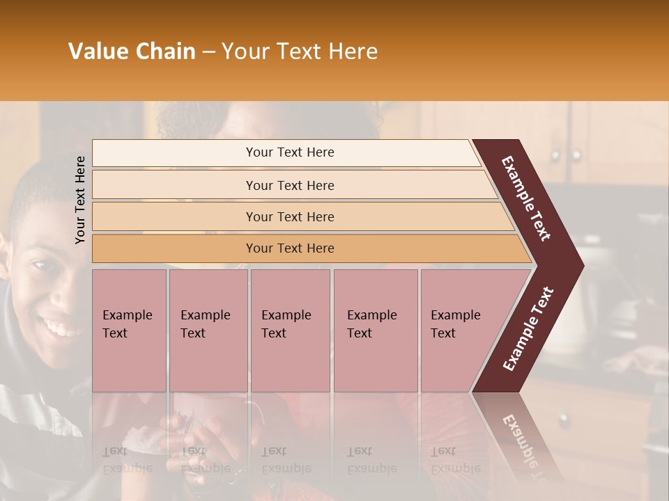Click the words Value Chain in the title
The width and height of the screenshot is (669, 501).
pos(132,51)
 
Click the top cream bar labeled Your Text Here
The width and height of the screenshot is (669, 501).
pos(289,152)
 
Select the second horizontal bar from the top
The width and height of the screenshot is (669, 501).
pos(289,185)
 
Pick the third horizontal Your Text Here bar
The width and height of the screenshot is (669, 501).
pos(289,216)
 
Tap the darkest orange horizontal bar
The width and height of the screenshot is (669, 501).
pos(289,248)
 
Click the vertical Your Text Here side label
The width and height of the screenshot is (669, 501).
pos(80,200)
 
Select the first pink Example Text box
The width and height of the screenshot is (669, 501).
pos(129,330)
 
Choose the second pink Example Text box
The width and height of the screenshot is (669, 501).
pos(208,330)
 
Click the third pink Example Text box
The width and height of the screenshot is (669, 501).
pos(290,330)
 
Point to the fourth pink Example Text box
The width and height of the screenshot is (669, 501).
pos(375,330)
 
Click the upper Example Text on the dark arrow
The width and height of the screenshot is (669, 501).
pos(526,198)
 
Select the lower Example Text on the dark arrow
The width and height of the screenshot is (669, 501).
pos(528,329)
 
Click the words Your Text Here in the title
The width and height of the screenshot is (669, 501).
pos(300,51)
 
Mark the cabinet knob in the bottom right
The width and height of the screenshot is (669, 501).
pos(564,420)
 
